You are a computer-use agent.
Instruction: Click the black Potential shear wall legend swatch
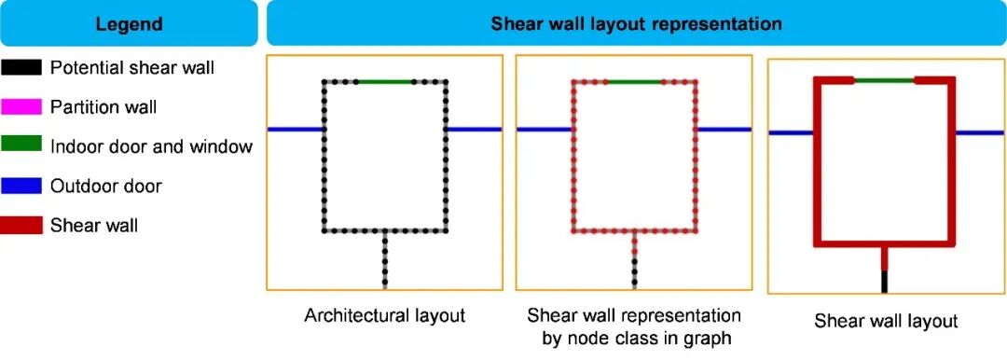(21, 67)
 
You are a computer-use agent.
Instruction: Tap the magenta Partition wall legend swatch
(21, 106)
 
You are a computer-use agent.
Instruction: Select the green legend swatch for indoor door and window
(21, 145)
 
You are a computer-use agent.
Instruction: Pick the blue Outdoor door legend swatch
(21, 186)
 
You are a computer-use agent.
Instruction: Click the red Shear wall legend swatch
(21, 225)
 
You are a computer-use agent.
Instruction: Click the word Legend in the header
(129, 25)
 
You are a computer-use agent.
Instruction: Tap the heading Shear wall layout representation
(637, 24)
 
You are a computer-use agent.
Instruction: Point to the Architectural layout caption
(385, 315)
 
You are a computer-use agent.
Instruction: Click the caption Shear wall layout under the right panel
(887, 321)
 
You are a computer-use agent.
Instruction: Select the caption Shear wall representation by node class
(634, 325)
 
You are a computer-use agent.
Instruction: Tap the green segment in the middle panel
(634, 82)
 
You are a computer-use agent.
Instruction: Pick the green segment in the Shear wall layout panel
(884, 80)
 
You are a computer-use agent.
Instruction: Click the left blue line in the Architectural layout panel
(296, 130)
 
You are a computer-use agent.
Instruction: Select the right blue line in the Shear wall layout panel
(979, 133)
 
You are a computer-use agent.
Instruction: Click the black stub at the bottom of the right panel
(884, 282)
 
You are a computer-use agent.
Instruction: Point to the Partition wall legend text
(103, 106)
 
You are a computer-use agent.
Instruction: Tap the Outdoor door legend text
(106, 187)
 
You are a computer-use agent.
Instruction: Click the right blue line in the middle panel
(724, 130)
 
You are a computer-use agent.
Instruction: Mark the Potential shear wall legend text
(132, 67)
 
